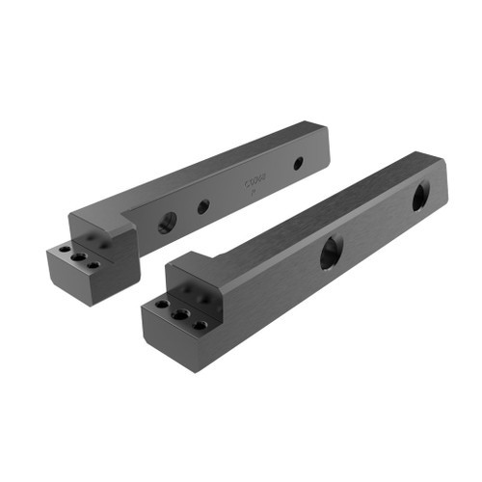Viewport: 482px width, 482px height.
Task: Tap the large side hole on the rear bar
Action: pyautogui.click(x=165, y=221)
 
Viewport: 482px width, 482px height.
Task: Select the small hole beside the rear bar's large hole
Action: pyautogui.click(x=203, y=206)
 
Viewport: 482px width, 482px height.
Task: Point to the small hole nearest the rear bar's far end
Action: pyautogui.click(x=298, y=163)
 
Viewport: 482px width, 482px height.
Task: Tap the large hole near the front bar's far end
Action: pyautogui.click(x=421, y=197)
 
